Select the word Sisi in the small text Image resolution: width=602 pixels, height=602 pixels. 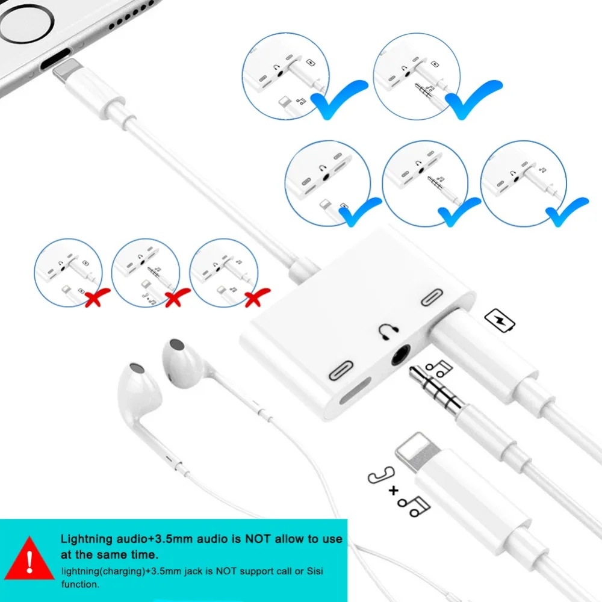[315, 571]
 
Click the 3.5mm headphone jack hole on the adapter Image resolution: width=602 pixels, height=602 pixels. [401, 355]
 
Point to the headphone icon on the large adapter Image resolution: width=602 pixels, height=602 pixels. [388, 331]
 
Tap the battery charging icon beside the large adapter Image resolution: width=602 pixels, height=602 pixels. [500, 320]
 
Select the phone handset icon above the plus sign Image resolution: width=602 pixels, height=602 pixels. [381, 475]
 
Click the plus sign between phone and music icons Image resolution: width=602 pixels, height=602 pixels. [393, 491]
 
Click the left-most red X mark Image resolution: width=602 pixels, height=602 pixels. [97, 297]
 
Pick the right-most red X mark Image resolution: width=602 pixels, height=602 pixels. [257, 297]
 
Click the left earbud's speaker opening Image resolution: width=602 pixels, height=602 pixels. [137, 368]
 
